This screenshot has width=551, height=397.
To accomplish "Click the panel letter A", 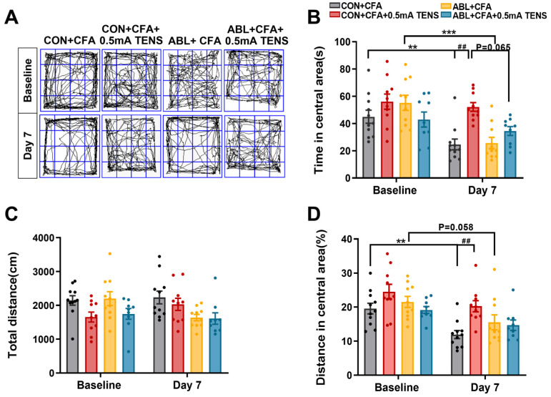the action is [11, 17].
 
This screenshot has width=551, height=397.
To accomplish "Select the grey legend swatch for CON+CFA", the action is [335, 6].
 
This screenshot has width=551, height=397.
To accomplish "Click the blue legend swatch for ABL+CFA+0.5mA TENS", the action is [446, 16].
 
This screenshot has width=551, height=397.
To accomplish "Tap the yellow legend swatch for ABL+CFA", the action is [446, 6].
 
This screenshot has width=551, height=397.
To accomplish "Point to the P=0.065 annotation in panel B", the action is [493, 47].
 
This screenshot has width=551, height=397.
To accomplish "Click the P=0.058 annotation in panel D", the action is [456, 227].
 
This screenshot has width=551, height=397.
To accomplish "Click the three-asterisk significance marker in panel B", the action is [449, 33].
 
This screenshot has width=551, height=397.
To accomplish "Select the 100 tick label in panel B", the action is [342, 41].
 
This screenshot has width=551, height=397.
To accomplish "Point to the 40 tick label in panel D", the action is [348, 239].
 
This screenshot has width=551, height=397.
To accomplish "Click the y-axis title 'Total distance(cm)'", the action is [12, 305].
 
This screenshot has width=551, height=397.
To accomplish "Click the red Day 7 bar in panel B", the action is [473, 142].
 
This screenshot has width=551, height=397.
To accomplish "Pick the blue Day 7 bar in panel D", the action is [513, 351].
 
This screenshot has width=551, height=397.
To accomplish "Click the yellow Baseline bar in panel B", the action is [405, 140].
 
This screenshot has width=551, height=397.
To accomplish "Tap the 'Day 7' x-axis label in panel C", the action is [187, 385].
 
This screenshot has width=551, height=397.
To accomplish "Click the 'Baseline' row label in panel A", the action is [27, 81].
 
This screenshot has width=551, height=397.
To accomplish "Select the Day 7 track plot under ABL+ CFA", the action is [192, 146].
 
